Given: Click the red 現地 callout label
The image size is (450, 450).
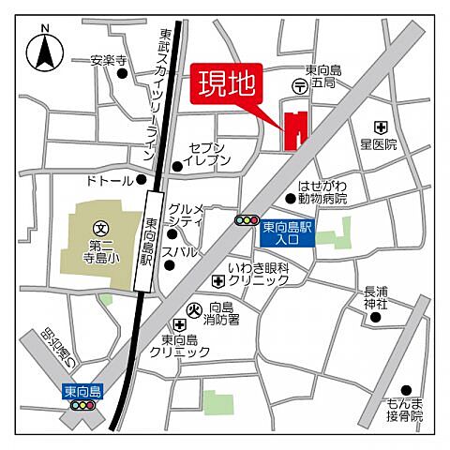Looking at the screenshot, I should (227, 84).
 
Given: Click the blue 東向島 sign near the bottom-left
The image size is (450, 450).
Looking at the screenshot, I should (82, 390).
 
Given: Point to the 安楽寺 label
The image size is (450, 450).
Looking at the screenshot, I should (108, 61).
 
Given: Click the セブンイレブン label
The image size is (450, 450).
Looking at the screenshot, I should (209, 155).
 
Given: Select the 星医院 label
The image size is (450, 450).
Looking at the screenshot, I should (379, 145).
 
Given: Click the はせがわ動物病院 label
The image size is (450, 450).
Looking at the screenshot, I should (322, 192).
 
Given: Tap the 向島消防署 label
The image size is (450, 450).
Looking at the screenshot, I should (224, 313).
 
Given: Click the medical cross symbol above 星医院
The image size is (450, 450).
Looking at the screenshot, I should (380, 127).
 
